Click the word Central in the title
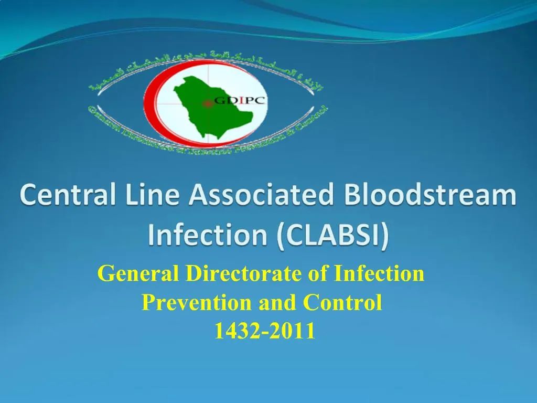click(59, 196)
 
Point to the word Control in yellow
click(342, 303)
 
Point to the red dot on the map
click(208, 103)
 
